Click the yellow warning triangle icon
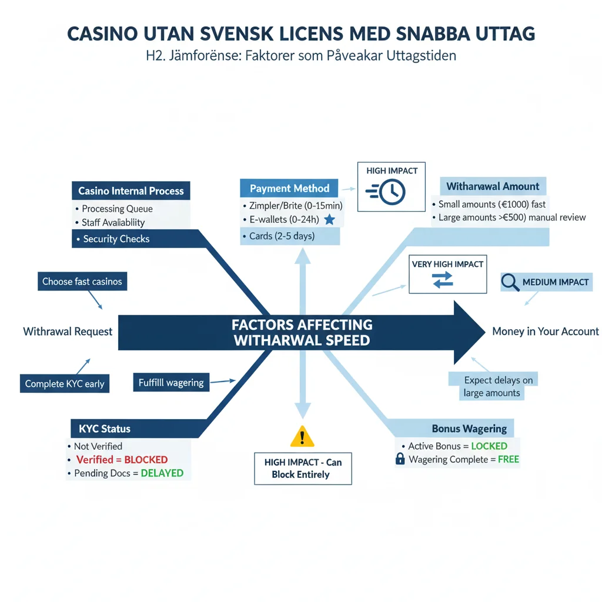coord(303,436)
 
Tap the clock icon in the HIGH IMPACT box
coord(392,192)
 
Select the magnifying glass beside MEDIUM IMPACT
coord(510,283)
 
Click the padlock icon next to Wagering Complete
coord(400,459)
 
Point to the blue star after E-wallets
coord(329,220)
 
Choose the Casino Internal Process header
coord(131,191)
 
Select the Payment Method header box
coord(289,189)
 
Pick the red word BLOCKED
coord(146,460)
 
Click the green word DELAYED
coord(162,473)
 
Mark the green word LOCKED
coord(489,446)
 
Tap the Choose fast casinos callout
coord(82,282)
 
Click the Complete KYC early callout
coord(64,384)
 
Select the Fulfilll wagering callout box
coord(170,383)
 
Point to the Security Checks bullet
coord(116,239)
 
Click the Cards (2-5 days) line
coord(278,236)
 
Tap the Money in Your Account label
coord(546,332)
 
